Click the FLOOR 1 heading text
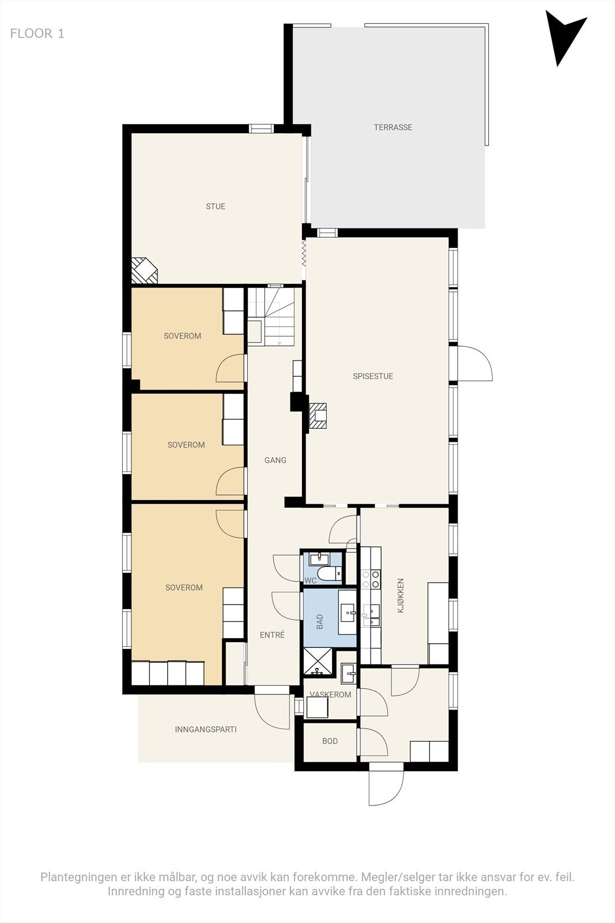click(37, 33)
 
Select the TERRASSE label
click(393, 127)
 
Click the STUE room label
click(216, 207)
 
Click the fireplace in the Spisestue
click(319, 415)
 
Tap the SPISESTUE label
click(373, 376)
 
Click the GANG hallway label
click(275, 460)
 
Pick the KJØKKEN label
click(401, 595)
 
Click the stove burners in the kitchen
click(371, 579)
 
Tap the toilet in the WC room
click(330, 575)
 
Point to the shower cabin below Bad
click(318, 661)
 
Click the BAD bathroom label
click(320, 621)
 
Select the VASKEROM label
click(330, 695)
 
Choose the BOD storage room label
click(330, 741)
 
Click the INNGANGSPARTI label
click(206, 729)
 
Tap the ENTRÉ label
click(272, 635)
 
